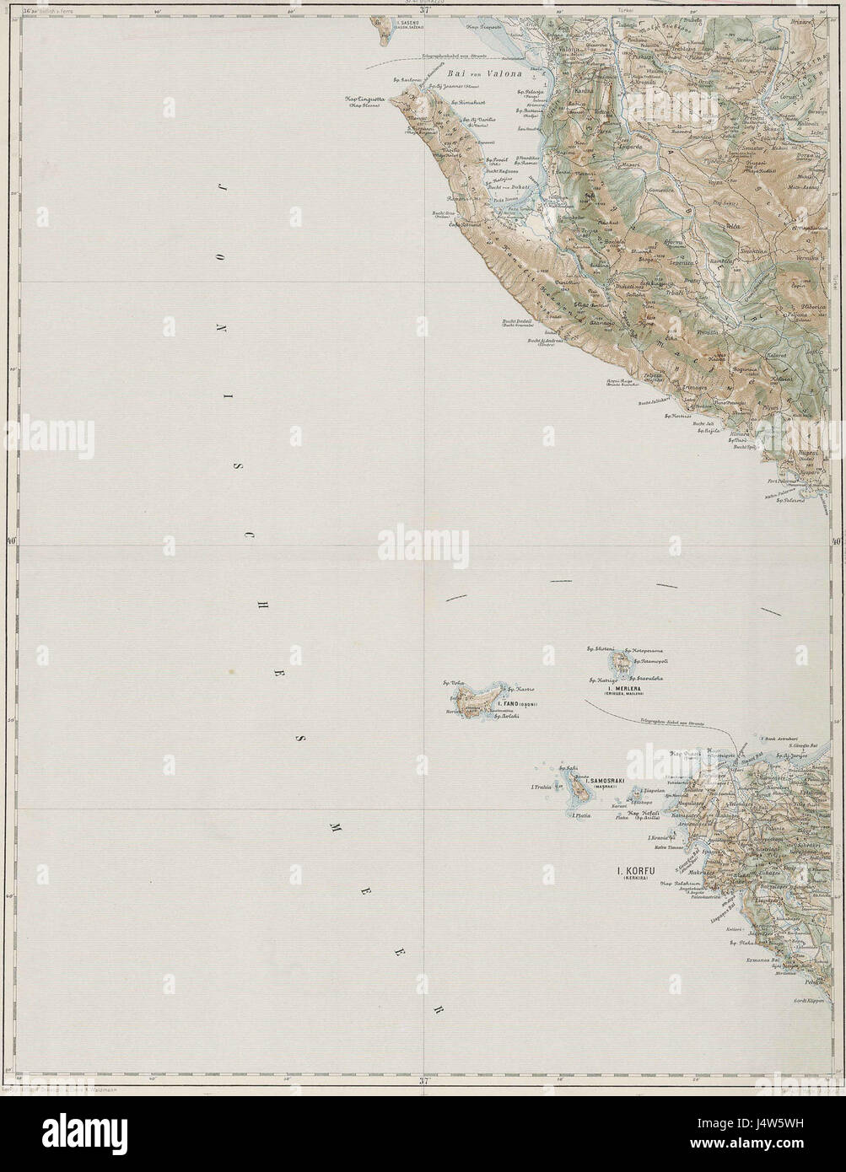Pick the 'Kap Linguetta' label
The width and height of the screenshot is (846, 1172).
365,99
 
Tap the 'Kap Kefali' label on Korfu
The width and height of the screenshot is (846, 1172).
643,811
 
